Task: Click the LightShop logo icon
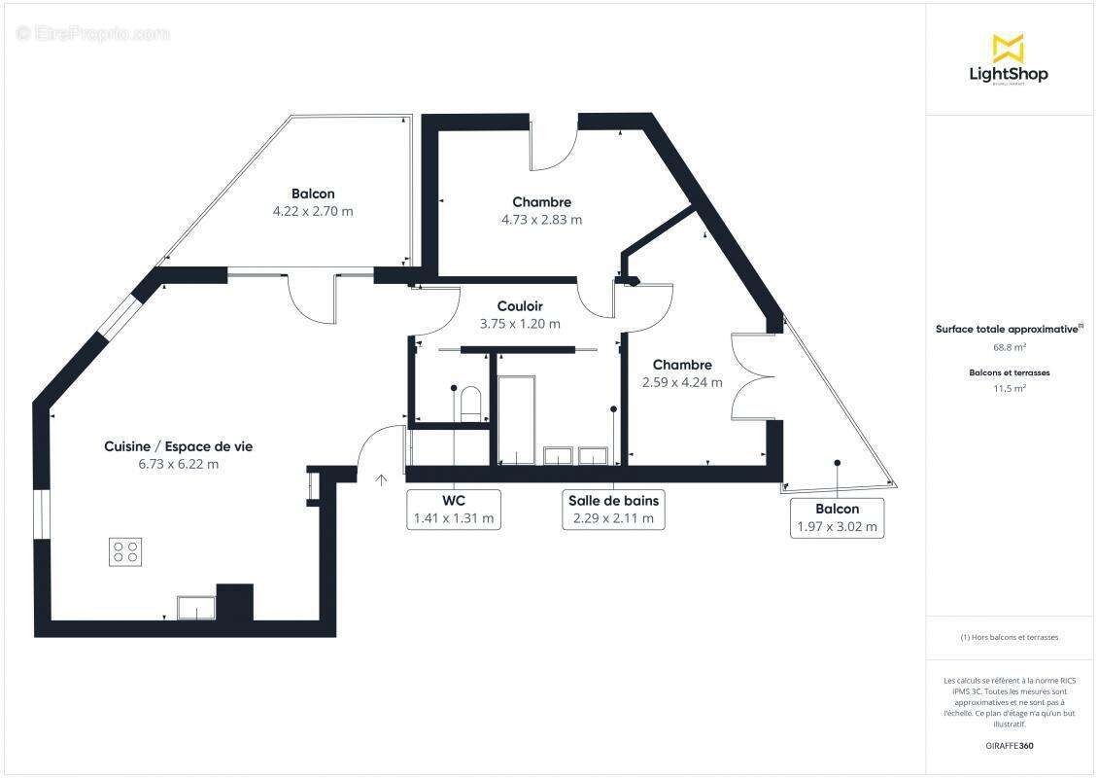point(1008,47)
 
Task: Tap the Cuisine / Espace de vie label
point(178,446)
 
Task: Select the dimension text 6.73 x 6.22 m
point(178,464)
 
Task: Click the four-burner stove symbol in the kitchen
point(125,551)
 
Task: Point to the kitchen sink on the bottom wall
point(195,607)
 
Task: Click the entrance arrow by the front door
point(382,478)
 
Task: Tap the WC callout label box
point(454,510)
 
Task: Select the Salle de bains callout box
point(613,510)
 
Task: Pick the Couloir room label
point(520,305)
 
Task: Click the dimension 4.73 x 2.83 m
point(541,220)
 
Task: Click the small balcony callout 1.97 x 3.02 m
point(837,518)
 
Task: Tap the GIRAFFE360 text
point(1009,746)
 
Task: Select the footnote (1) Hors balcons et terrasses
point(1009,638)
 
